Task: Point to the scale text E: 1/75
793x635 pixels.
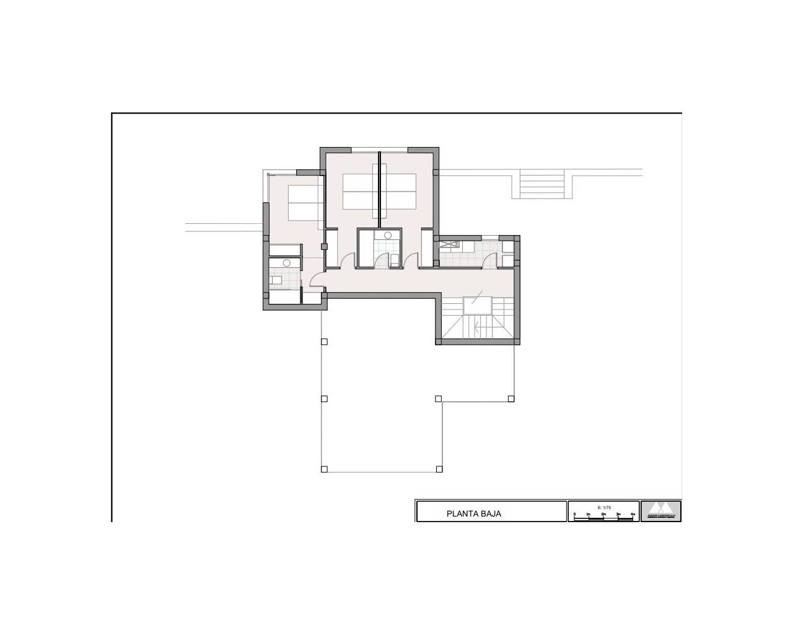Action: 603,507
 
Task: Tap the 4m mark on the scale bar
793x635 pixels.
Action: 632,515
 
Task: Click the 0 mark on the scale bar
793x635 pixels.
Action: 574,515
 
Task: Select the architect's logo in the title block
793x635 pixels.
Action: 660,511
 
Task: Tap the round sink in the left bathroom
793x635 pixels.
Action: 286,263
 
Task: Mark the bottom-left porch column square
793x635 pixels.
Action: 324,469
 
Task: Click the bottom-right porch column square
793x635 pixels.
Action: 439,469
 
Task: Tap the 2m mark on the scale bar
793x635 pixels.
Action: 603,515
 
